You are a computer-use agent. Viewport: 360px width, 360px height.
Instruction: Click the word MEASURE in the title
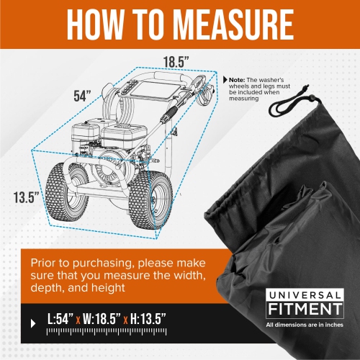coord(233,24)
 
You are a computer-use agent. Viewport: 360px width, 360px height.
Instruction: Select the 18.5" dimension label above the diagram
coord(176,62)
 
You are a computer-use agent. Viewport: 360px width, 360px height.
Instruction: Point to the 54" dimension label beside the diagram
coord(82,96)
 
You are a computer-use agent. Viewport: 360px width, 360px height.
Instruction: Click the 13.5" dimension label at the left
coord(26,197)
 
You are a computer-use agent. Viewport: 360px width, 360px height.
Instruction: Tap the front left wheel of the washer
coord(67,193)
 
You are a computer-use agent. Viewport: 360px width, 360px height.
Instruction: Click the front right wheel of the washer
coord(150,200)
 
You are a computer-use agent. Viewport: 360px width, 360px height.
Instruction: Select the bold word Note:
coord(237,80)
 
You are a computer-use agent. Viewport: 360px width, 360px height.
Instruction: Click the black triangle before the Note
coord(225,80)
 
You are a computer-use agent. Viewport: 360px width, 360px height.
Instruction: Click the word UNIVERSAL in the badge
coord(305,295)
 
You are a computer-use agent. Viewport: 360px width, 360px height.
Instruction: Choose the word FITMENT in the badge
coord(305,309)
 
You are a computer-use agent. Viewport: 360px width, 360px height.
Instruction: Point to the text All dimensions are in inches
coord(305,325)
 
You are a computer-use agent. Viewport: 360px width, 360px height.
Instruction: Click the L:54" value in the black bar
coord(60,319)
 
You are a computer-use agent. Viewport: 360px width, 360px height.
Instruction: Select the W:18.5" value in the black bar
coord(102,319)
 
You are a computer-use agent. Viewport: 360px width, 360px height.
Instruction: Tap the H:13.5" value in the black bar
coord(148,319)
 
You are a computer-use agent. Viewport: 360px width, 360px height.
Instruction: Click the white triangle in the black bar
coord(33,323)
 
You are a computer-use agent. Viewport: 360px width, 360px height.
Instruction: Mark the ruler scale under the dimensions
coord(107,332)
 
